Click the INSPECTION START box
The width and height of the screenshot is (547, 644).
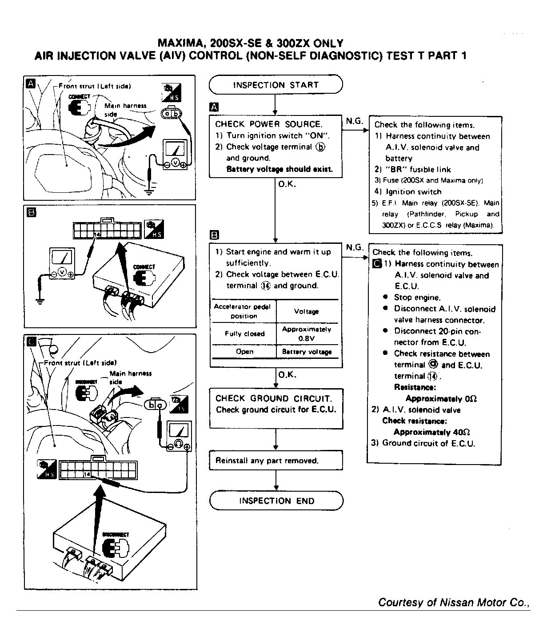pyautogui.click(x=275, y=85)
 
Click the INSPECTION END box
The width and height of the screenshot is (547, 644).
pyautogui.click(x=276, y=501)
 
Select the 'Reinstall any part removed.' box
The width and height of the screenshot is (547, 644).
pyautogui.click(x=276, y=461)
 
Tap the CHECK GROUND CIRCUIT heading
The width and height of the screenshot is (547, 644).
pyautogui.click(x=273, y=398)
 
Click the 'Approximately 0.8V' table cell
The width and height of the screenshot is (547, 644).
pyautogui.click(x=307, y=334)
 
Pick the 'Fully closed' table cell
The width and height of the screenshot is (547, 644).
pyautogui.click(x=244, y=334)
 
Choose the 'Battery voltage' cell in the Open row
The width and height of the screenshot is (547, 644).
pyautogui.click(x=307, y=352)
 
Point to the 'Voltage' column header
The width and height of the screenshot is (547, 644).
pyautogui.click(x=307, y=311)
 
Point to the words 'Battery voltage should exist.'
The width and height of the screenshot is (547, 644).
pyautogui.click(x=279, y=169)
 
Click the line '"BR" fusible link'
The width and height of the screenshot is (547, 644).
pyautogui.click(x=412, y=169)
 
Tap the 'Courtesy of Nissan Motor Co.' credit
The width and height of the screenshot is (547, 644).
pyautogui.click(x=453, y=602)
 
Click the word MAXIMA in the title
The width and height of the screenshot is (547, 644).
pyautogui.click(x=181, y=44)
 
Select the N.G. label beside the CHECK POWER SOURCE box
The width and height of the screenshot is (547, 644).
pyautogui.click(x=354, y=121)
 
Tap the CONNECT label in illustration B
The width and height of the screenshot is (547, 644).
pyautogui.click(x=144, y=267)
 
